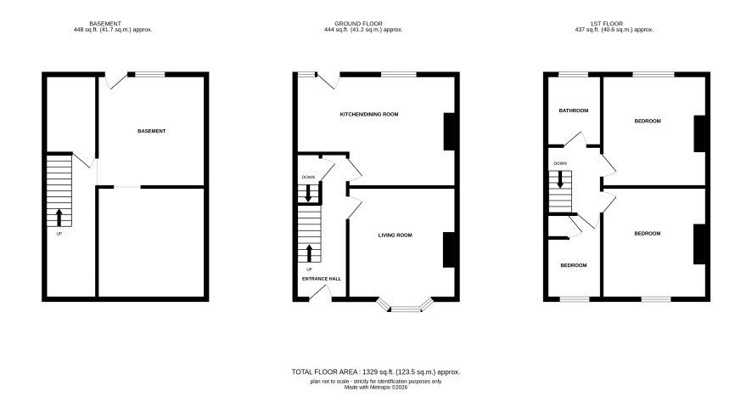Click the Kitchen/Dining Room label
[x=369, y=114]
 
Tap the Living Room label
[x=396, y=235]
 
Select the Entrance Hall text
[x=322, y=279]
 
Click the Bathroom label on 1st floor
[x=574, y=111]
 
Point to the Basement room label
[x=152, y=131]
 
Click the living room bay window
[x=405, y=305]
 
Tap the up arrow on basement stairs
[x=59, y=218]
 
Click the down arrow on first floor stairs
[x=560, y=179]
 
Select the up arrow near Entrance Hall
[x=309, y=253]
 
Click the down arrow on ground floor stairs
[x=308, y=193]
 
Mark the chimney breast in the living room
[x=448, y=250]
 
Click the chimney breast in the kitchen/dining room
[x=449, y=132]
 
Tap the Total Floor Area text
[x=376, y=371]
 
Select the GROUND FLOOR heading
[x=359, y=24]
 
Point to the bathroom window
[x=574, y=75]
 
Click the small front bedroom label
[x=574, y=265]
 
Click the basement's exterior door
[x=116, y=81]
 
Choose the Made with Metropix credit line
[x=376, y=387]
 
